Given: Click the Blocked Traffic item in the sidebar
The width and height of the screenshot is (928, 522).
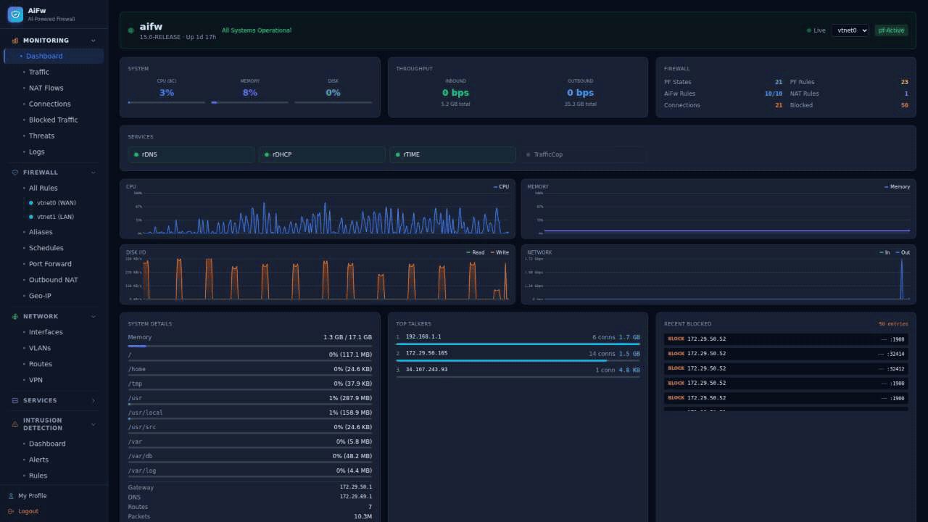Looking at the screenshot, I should tap(53, 120).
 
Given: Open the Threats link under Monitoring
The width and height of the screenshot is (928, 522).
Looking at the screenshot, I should tap(41, 136).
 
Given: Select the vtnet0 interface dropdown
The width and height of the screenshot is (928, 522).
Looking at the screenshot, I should tap(850, 30).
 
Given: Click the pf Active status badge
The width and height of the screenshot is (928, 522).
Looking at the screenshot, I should tap(891, 30).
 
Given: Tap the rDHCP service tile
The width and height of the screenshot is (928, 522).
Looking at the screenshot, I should tap(322, 154).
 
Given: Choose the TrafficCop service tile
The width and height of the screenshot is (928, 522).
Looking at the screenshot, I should tap(582, 154).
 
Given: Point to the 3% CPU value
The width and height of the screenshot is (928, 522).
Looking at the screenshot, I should tap(166, 93).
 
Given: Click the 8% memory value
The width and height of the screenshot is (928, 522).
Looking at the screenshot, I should tap(249, 93).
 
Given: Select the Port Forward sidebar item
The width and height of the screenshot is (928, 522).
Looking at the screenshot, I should tap(50, 264).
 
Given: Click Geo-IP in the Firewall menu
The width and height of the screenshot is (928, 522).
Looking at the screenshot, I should tap(40, 296).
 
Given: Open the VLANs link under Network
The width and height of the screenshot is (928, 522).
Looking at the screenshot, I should tap(40, 348).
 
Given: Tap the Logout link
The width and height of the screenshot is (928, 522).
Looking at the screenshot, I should tap(28, 511).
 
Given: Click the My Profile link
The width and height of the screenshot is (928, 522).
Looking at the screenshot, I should tap(32, 496).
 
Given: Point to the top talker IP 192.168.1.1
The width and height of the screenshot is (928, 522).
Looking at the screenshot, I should tap(423, 337).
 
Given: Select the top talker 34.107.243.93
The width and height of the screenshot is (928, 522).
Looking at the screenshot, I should tap(426, 370).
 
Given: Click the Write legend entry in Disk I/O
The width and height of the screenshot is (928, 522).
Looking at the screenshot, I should tap(500, 252).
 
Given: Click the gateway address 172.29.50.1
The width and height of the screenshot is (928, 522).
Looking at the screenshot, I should tap(355, 487).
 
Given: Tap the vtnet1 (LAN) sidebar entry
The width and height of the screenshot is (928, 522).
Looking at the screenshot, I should tap(55, 217).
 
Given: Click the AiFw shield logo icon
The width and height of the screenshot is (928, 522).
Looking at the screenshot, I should tap(15, 14).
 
